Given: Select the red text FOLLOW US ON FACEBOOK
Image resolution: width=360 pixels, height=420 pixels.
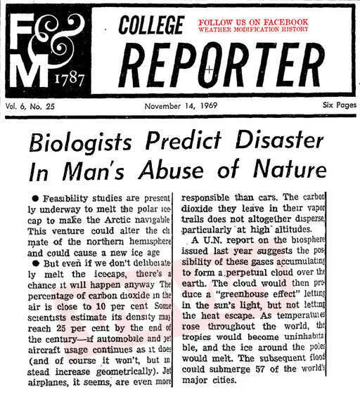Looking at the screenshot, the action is click(x=253, y=23).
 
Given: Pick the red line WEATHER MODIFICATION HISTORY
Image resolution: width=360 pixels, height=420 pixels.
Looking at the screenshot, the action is click(x=253, y=30).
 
